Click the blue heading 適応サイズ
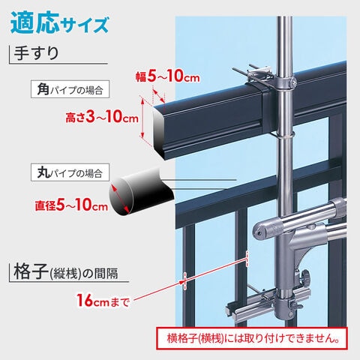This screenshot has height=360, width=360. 59,24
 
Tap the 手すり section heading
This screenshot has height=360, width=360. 36,53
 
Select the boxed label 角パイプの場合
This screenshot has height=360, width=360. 70,89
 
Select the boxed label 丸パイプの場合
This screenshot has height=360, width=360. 70,172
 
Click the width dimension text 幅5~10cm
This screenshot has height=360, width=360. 168,76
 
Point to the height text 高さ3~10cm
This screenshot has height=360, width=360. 102,117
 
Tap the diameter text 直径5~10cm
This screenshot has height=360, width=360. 71,205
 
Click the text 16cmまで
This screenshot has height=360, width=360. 103,301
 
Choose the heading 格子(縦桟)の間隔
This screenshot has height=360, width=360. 65,272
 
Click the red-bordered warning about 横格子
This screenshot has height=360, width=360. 252,338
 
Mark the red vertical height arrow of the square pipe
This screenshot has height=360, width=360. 142,118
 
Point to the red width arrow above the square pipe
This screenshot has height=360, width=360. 159,96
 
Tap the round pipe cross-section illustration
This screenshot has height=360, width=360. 141,192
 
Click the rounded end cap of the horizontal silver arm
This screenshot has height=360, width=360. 259,229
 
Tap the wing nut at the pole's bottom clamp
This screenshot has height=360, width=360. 295,305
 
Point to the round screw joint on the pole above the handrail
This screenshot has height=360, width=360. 292,82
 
